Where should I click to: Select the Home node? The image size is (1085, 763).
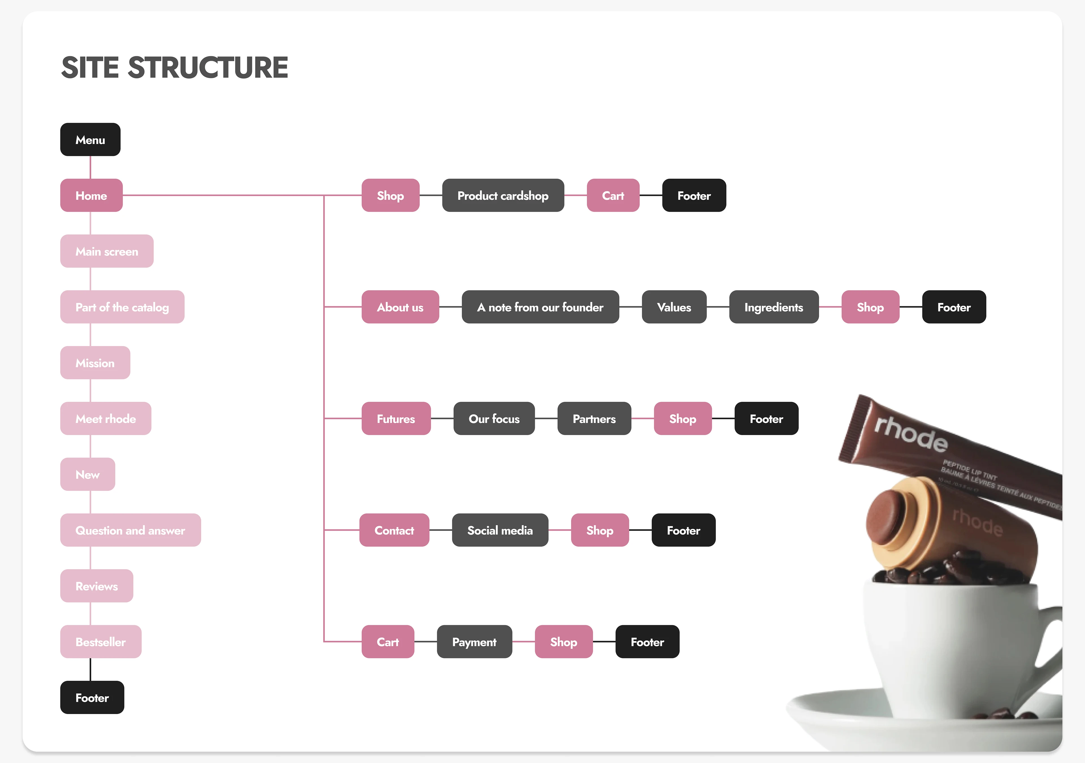[x=91, y=195]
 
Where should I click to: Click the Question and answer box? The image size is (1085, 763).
[x=131, y=530]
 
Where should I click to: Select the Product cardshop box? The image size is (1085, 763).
[x=503, y=195]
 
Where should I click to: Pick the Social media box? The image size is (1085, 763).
[x=500, y=530]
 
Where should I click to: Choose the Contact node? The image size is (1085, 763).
[x=394, y=530]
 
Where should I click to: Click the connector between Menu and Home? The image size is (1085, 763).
[x=90, y=167]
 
